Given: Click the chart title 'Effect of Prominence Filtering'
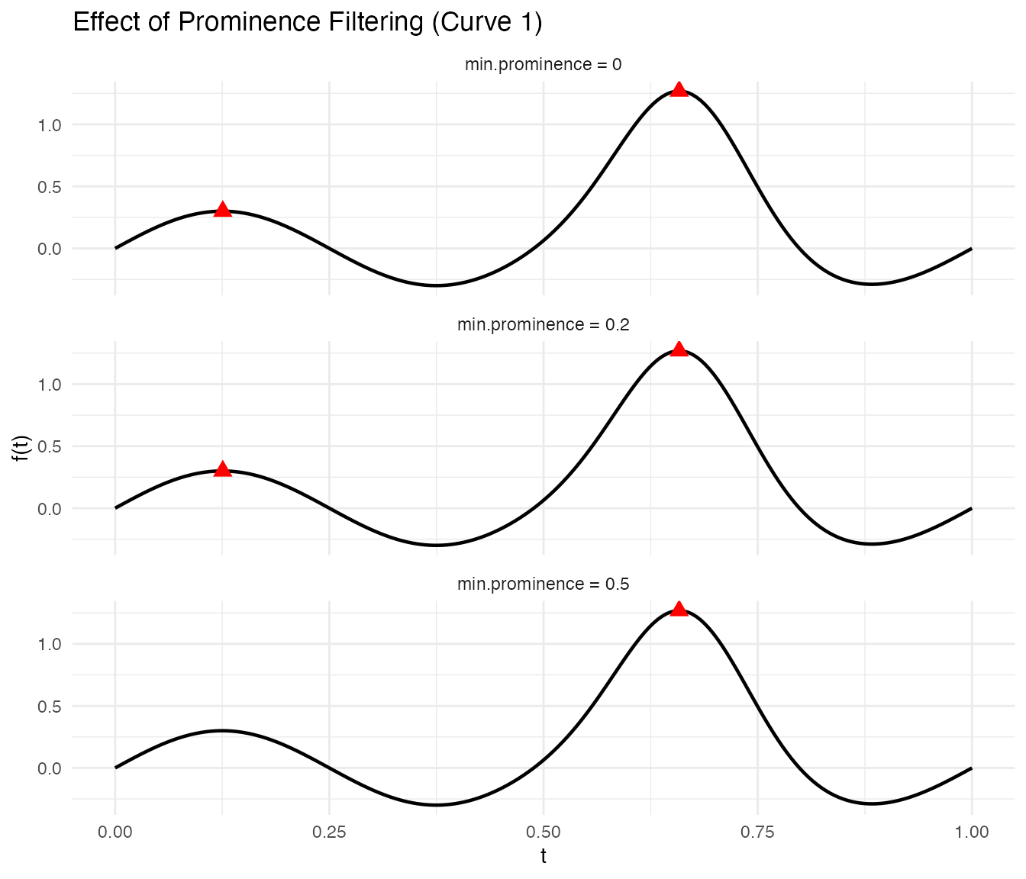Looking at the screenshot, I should (x=307, y=22).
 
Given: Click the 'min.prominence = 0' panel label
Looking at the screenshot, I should (x=543, y=65).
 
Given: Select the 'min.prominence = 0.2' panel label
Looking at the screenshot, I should (x=543, y=324).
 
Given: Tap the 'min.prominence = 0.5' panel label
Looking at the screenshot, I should (x=543, y=584).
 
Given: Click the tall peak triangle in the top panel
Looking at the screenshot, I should (x=679, y=89).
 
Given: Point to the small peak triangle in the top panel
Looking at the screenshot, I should (x=222, y=209).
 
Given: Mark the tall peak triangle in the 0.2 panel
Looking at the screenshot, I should (x=679, y=349).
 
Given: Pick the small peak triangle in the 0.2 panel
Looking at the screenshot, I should (x=222, y=468).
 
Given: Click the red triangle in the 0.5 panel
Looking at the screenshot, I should (x=679, y=608).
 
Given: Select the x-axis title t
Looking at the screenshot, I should (x=543, y=857).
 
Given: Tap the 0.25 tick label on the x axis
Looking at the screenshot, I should (x=329, y=832).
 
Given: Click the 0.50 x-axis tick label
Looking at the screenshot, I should (x=543, y=832).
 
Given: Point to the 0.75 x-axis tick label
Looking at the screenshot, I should (x=757, y=832).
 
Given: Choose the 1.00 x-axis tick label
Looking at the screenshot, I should (x=971, y=832).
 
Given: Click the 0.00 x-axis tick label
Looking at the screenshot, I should (x=115, y=832).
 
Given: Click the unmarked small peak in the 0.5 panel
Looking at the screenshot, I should (x=222, y=730).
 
